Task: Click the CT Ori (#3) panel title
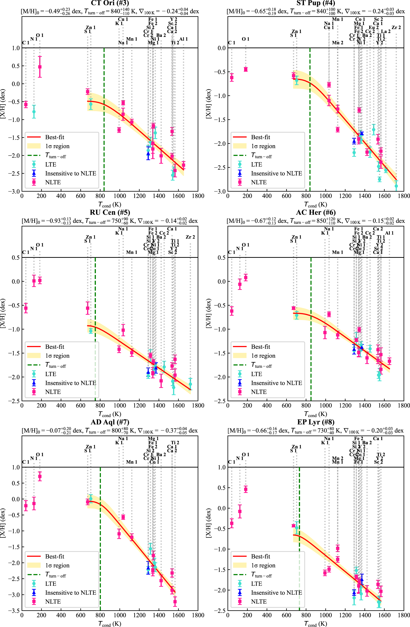pos(110,3)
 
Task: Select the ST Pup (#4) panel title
pos(316,3)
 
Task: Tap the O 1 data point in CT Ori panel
pos(40,67)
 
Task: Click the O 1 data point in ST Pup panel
pos(246,69)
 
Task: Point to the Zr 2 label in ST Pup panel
pos(396,27)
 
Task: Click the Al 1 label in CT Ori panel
pos(183,39)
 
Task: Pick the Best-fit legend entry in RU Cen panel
pos(55,347)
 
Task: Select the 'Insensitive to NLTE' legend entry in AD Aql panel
pos(71,593)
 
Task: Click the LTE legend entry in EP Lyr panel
pos(256,584)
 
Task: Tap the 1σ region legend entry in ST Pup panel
pos(263,146)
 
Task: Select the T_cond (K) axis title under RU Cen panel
pos(110,414)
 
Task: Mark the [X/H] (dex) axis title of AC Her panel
pos(208,313)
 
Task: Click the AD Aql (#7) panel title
pos(110,422)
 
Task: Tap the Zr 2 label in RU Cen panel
pos(190,237)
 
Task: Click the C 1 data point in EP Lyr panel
pos(232,524)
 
